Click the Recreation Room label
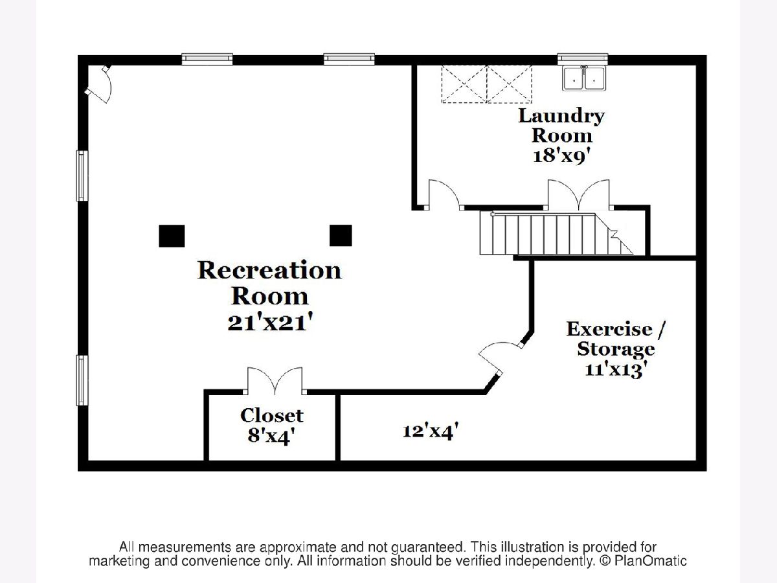(x=269, y=282)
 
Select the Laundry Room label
(x=561, y=126)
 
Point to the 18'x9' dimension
(x=561, y=156)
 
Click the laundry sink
(x=584, y=78)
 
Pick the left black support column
(x=172, y=236)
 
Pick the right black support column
(x=341, y=236)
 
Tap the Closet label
(x=272, y=415)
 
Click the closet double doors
(x=275, y=382)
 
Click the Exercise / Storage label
(x=616, y=339)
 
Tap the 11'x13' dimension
(x=616, y=371)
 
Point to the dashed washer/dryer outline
(x=486, y=84)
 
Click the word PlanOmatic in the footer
(x=655, y=561)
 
